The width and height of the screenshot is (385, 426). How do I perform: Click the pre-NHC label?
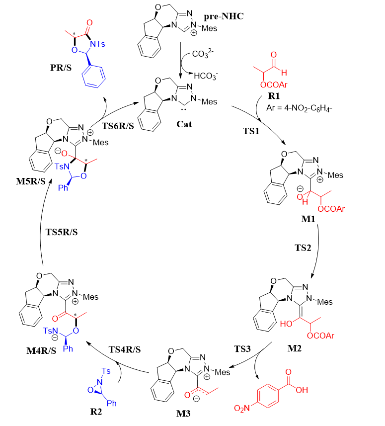tap(224, 16)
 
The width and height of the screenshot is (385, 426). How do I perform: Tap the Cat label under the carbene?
tap(184, 124)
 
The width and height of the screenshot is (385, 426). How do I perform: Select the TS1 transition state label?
tap(251, 131)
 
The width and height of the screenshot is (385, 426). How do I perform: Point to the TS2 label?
tap(303, 248)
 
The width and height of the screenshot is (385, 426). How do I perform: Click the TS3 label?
tap(242, 349)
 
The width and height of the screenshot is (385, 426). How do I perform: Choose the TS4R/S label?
tap(125, 349)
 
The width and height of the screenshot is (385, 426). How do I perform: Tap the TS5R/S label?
tap(62, 232)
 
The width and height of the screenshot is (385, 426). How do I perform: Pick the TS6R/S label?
tap(118, 126)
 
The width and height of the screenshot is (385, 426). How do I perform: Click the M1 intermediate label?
tap(308, 219)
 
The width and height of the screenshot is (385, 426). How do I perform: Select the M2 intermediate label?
tap(294, 348)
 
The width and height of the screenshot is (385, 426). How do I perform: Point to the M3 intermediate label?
tap(183, 414)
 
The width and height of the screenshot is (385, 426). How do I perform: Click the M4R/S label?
tap(41, 351)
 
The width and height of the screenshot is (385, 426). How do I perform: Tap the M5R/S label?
tap(31, 181)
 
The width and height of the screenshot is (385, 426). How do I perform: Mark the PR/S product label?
tap(61, 68)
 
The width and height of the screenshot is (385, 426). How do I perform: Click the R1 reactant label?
tap(274, 96)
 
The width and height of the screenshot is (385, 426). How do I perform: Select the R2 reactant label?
tap(96, 412)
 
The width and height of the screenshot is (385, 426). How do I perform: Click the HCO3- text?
tap(206, 76)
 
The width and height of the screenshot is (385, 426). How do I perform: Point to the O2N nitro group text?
tap(242, 408)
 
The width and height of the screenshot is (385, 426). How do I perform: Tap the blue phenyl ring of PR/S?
tap(94, 76)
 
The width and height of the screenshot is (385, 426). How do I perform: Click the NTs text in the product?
tap(97, 44)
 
